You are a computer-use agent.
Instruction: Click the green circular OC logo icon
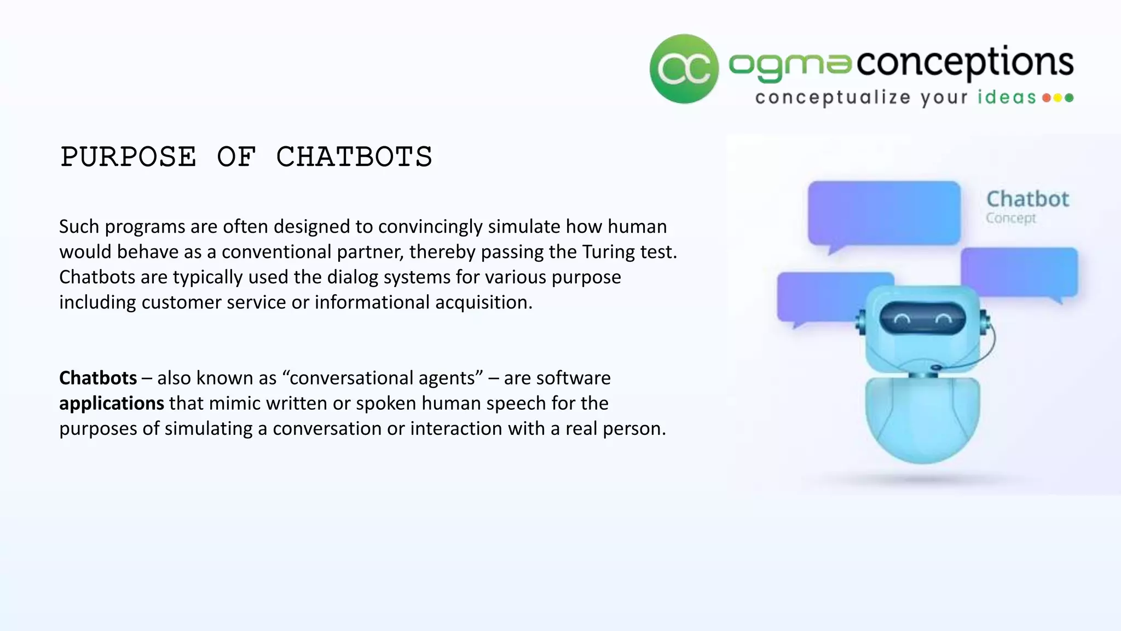coord(684,69)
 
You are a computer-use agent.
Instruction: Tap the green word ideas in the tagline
coord(1007,97)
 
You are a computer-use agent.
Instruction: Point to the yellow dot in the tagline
coord(1058,98)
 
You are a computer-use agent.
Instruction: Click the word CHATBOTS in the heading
coord(354,157)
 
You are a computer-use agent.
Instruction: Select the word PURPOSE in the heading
coord(129,157)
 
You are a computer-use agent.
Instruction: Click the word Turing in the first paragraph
coord(609,252)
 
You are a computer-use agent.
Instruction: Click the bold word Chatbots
coord(98,378)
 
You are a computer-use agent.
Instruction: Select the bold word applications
coord(112,403)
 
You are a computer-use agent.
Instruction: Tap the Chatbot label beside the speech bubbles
coord(1027,199)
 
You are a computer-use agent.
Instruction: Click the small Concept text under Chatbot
coord(1010,218)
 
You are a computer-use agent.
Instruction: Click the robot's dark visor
coord(922,318)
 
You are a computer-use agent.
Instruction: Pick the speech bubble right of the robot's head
coord(1019,272)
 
